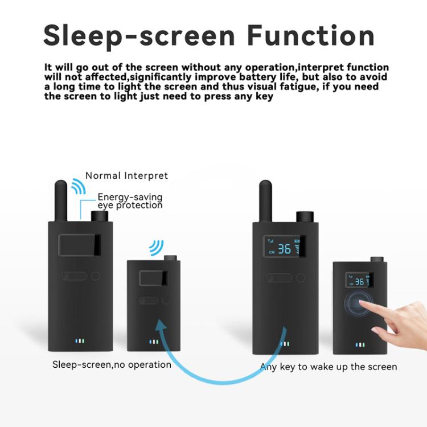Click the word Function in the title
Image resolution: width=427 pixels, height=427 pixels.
[x=311, y=35]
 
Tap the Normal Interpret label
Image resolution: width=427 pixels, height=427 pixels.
[x=126, y=175]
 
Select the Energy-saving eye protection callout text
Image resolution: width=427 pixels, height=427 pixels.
[x=130, y=201]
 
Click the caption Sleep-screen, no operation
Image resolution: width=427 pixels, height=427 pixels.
[x=112, y=364]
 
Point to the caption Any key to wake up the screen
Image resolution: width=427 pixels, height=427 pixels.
[x=329, y=366]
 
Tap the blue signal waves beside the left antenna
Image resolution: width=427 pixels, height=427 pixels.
[x=78, y=187]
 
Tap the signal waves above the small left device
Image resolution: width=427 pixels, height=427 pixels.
[x=155, y=247]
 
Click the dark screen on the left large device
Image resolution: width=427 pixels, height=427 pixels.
[x=80, y=245]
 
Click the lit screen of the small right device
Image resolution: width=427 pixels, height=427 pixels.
[x=360, y=280]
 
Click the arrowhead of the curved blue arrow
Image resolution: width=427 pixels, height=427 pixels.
[x=163, y=326]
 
